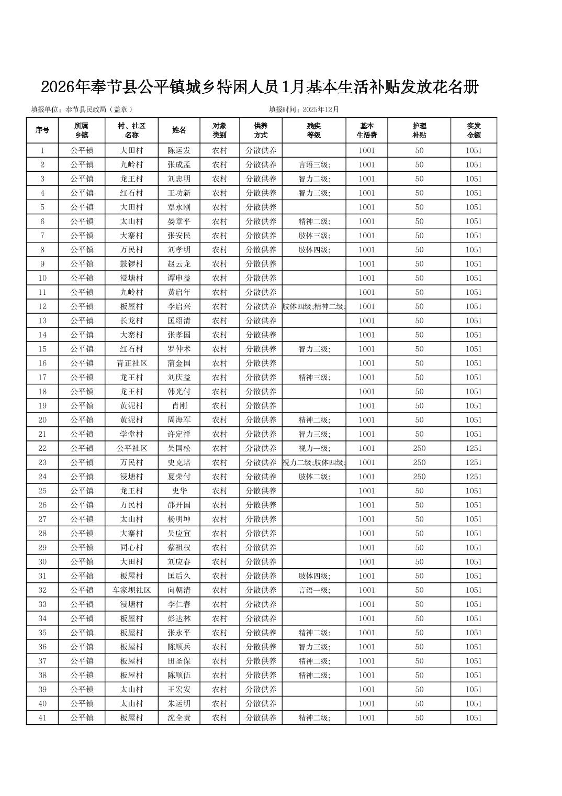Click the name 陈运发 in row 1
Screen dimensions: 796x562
179,150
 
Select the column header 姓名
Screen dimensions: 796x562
179,130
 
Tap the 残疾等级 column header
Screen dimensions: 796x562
314,130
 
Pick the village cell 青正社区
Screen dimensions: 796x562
131,363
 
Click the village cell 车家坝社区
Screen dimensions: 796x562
131,590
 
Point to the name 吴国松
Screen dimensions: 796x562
179,448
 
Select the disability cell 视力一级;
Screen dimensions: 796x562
314,448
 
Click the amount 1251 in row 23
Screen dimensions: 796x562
473,462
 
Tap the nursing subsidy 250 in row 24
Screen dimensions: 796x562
419,477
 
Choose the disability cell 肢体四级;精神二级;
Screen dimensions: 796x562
314,306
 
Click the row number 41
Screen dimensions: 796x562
42,717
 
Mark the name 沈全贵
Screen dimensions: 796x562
179,717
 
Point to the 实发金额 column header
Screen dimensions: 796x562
473,130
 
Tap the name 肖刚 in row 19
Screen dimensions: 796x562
179,405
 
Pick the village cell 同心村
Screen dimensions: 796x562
131,547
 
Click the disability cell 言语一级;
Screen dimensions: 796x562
314,590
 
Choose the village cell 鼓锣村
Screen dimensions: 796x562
131,264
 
